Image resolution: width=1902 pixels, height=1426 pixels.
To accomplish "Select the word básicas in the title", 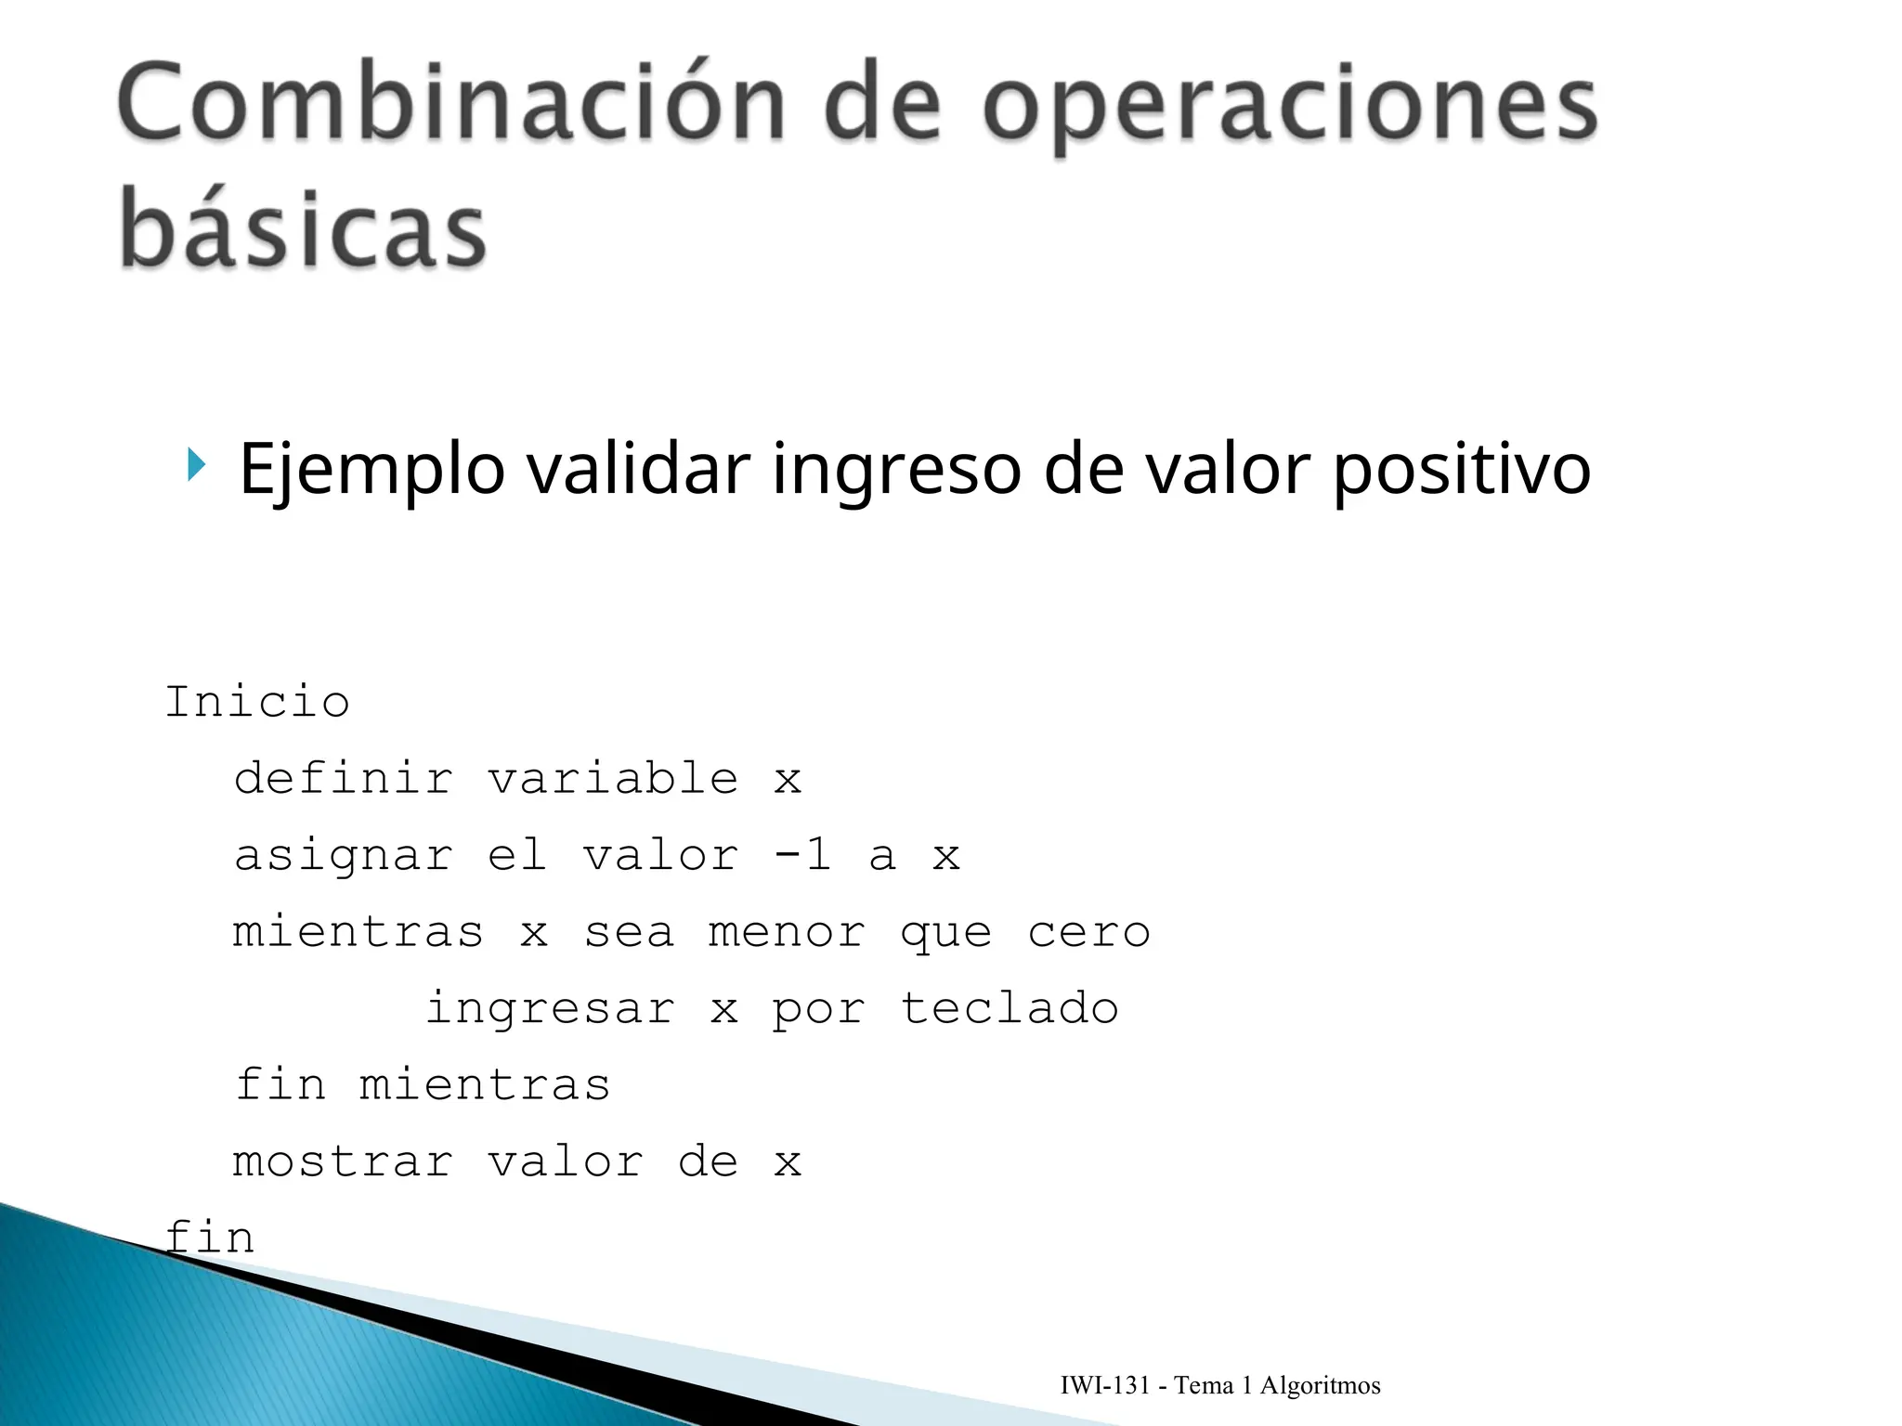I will [x=303, y=227].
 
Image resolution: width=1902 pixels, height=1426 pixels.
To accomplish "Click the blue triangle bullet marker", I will [x=195, y=464].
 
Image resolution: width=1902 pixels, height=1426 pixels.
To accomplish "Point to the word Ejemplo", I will [x=371, y=470].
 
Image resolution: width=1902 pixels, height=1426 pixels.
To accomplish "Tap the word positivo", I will [x=1461, y=470].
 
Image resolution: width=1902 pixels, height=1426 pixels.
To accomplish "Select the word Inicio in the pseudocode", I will [x=257, y=701].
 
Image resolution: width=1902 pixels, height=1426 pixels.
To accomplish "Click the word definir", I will [x=343, y=778].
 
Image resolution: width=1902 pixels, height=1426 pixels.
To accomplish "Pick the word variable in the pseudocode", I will [x=613, y=778].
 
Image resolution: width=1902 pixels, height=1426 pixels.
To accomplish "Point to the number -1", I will [x=802, y=854].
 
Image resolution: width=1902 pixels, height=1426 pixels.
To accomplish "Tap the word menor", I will [x=787, y=932].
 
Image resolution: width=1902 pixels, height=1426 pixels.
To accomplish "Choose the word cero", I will [x=1088, y=932].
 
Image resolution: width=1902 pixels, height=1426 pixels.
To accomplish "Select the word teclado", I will [x=1010, y=1008].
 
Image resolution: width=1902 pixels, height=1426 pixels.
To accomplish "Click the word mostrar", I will [x=343, y=1162].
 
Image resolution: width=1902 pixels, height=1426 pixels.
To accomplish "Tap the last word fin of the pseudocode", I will [x=210, y=1238].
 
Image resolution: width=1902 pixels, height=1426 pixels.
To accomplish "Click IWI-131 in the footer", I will [x=1105, y=1386].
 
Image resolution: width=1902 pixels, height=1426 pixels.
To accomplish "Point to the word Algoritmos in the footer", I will [x=1320, y=1386].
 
